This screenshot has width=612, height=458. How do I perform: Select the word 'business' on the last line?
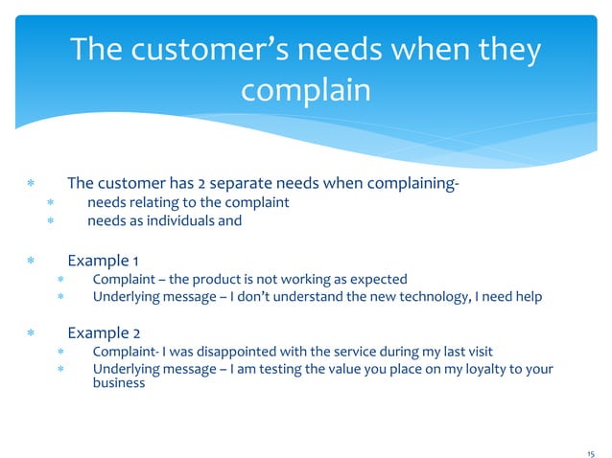click(119, 383)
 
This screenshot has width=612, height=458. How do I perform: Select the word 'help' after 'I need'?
click(527, 297)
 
